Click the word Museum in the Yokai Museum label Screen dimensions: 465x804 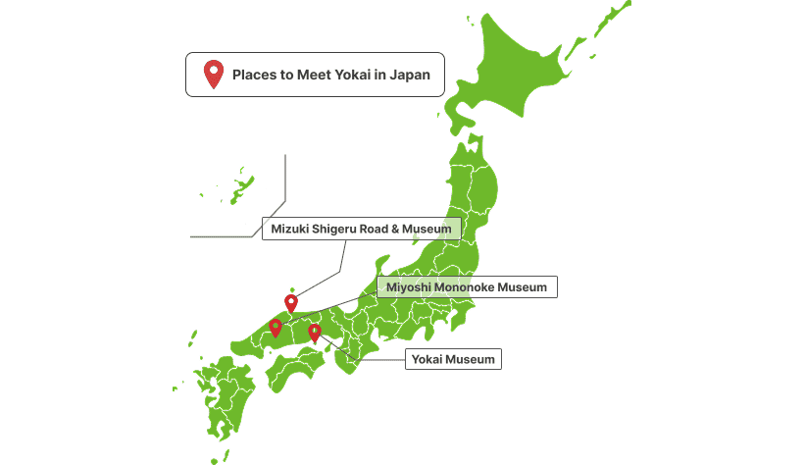[x=474, y=360]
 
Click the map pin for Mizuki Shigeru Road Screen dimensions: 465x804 [x=291, y=303]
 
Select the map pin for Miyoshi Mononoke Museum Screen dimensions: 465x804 [x=276, y=328]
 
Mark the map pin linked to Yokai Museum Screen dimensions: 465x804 [x=315, y=333]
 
